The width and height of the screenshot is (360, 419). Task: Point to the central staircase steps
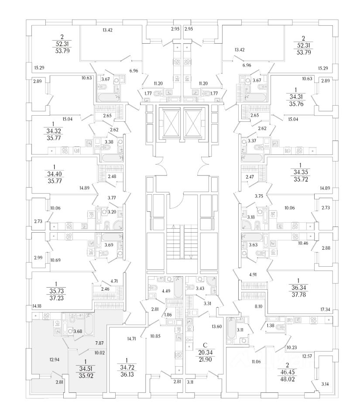point(182,244)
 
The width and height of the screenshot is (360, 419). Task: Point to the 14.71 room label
point(133,338)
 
